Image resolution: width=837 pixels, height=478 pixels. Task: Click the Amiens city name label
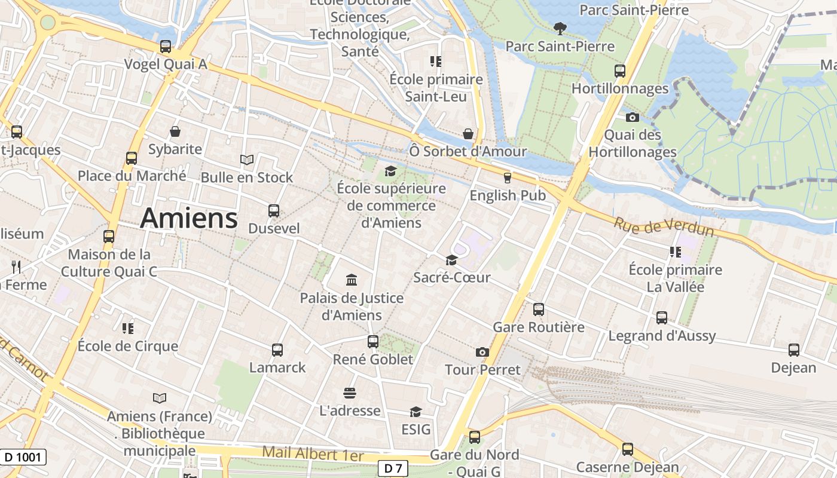(189, 219)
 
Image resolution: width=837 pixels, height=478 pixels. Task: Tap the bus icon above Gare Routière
(539, 310)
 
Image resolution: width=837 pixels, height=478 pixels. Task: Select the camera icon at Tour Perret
(482, 353)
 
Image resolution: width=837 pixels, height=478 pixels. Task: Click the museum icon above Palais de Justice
(352, 280)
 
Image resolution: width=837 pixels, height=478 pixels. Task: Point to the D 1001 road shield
(23, 458)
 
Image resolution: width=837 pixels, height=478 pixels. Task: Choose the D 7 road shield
(393, 468)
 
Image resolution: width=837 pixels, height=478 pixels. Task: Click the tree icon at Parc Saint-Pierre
(560, 28)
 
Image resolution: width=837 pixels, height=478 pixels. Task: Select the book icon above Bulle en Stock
(247, 160)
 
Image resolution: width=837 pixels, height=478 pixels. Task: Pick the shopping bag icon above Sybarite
(175, 131)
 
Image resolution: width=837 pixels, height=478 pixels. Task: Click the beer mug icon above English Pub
(508, 177)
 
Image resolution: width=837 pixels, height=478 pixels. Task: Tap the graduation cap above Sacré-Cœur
(451, 260)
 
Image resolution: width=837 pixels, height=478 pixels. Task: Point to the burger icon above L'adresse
(350, 393)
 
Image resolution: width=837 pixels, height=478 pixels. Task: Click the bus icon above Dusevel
(274, 211)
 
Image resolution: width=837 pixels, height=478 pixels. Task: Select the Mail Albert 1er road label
(313, 454)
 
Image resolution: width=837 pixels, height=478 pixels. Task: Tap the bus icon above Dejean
(793, 350)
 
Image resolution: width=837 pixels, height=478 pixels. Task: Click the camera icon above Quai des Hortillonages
(633, 117)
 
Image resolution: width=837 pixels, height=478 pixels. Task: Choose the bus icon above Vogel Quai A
(166, 47)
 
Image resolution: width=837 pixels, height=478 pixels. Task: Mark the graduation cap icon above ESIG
(416, 412)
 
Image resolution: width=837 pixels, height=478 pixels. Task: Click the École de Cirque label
(128, 346)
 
